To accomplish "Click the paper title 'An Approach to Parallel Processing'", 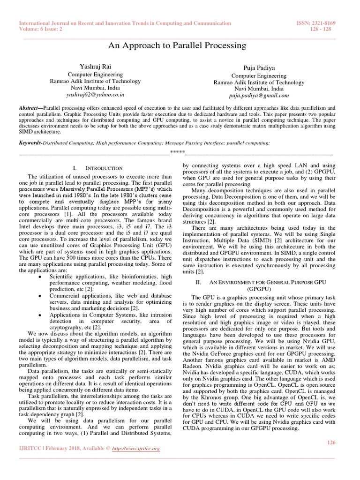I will click(177, 45).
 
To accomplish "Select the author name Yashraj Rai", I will click(95, 67).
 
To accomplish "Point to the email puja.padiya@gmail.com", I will click(258, 95).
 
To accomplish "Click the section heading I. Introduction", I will click(98, 168).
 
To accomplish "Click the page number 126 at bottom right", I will click(331, 442).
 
